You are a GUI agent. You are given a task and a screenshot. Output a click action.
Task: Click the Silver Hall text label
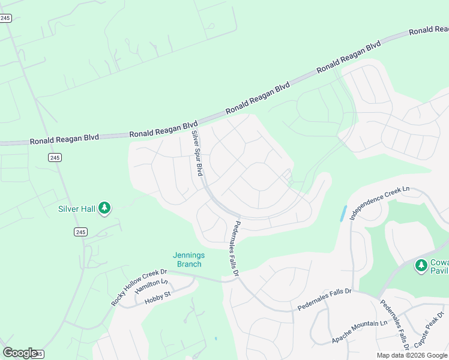77,209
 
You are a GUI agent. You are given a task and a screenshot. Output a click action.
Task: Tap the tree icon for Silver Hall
105,208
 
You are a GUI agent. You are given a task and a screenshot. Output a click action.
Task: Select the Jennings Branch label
189,259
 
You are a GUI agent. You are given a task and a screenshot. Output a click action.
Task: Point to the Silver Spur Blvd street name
196,153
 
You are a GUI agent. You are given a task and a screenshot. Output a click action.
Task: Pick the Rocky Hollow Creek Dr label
139,287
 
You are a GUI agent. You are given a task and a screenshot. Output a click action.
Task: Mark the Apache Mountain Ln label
359,332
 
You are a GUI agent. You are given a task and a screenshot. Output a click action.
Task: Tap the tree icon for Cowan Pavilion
421,265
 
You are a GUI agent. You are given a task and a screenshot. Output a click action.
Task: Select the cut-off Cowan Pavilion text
439,265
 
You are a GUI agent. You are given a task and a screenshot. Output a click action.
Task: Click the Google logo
19,353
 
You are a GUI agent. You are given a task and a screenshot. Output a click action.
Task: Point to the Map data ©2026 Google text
412,355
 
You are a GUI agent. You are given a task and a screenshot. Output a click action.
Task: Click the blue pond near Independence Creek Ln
343,213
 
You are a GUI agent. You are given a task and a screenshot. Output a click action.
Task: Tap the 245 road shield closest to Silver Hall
81,232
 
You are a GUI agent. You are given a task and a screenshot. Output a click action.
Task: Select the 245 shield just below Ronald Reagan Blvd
55,157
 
